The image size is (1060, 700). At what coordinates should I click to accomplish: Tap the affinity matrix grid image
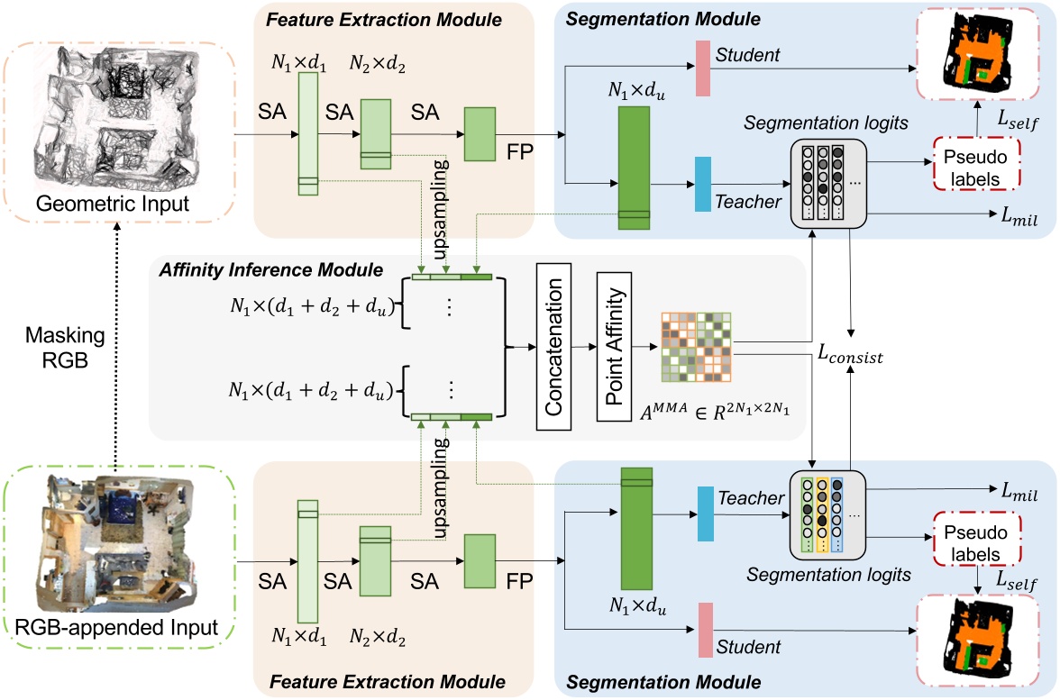coord(696,346)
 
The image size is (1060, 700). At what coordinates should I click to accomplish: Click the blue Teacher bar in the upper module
coord(703,185)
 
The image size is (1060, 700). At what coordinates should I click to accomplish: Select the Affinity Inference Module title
coord(270,269)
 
